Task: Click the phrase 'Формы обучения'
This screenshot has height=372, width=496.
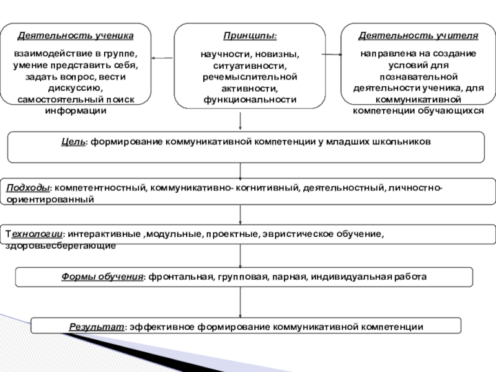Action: coord(102,277)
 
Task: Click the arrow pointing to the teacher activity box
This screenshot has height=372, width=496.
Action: coord(332,55)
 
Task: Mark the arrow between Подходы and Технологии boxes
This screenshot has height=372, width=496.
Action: coord(241,215)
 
